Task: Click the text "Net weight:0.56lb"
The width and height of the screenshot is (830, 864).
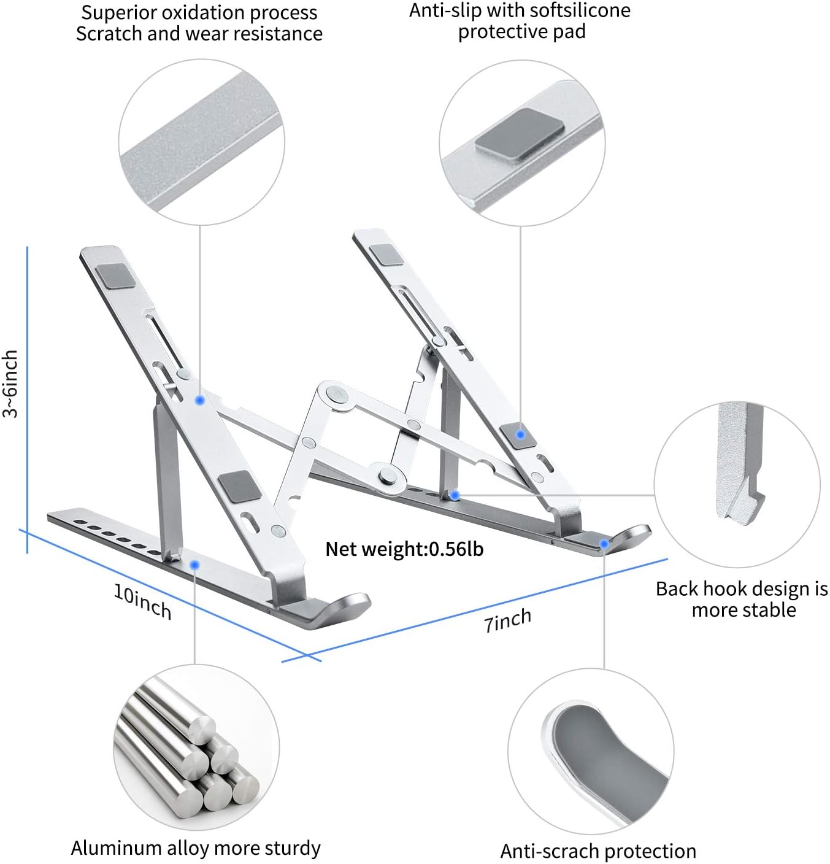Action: (x=404, y=549)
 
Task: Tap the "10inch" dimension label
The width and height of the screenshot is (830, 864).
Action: (x=142, y=601)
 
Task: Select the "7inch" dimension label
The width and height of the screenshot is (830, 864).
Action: (x=507, y=620)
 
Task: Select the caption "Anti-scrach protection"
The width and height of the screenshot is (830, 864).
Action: (x=598, y=850)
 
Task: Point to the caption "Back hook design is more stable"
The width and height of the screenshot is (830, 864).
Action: (x=742, y=599)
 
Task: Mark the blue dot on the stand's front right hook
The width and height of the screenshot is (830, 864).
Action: (x=604, y=543)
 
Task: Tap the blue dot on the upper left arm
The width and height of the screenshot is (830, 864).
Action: (x=199, y=400)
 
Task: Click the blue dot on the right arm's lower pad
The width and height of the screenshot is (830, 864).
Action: (x=520, y=434)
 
